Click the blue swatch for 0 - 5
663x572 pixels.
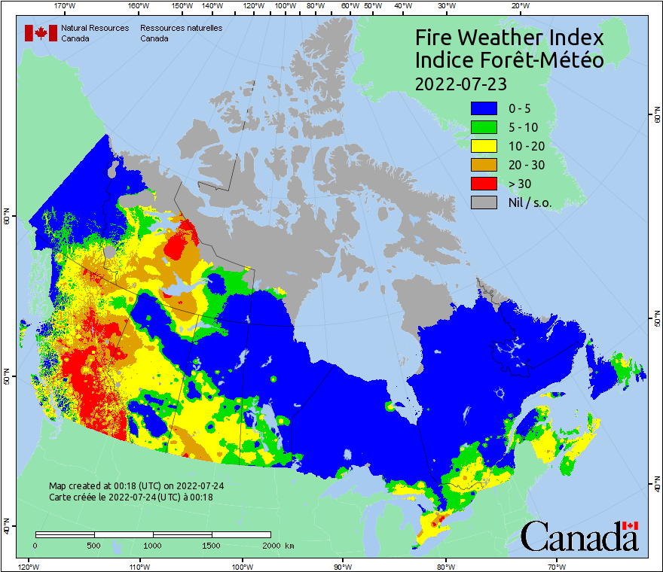(x=485, y=108)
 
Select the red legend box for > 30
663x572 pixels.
(x=485, y=184)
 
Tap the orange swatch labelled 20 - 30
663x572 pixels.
(x=485, y=165)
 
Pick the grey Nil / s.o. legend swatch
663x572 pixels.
(x=485, y=202)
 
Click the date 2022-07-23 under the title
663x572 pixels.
(x=460, y=82)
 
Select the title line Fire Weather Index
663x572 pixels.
(x=509, y=38)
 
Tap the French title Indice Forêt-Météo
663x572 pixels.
(x=509, y=60)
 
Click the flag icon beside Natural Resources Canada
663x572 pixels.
(x=41, y=33)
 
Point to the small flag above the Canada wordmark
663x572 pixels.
(x=631, y=525)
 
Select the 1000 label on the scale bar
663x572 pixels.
(x=153, y=545)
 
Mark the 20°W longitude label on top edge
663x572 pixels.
(x=518, y=6)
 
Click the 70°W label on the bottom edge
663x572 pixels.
(x=556, y=566)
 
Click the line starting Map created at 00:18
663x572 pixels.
(x=136, y=486)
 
